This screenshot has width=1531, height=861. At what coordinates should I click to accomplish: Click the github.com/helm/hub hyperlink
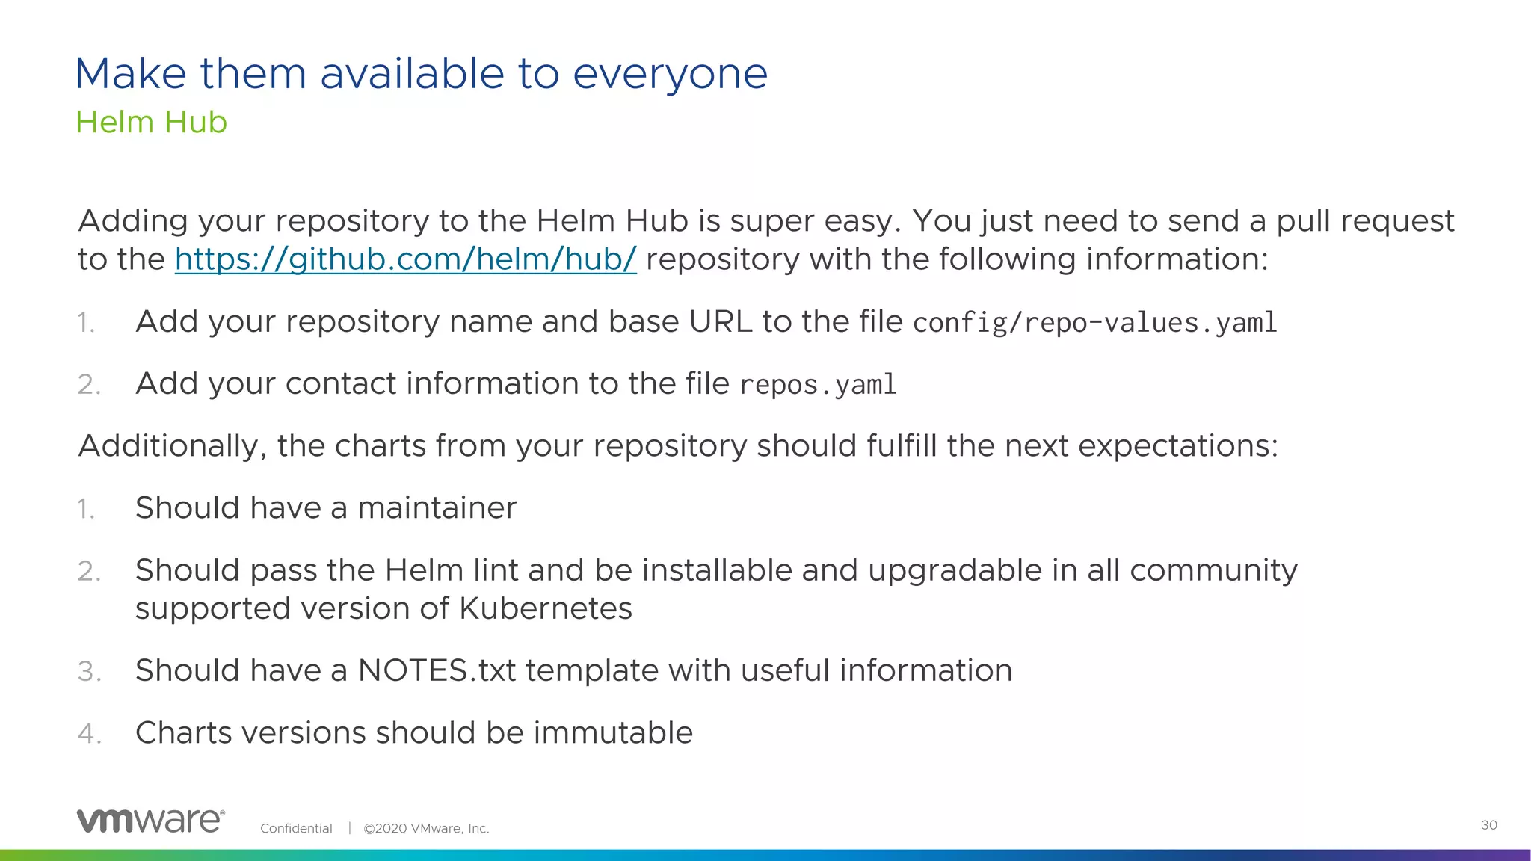[x=405, y=259]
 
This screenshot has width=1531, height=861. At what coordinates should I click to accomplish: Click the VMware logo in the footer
[x=150, y=821]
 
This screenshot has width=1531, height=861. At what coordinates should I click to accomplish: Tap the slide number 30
[x=1488, y=825]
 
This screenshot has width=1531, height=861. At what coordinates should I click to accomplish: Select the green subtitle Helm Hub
[x=151, y=123]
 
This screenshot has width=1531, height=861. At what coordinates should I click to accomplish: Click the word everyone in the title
[x=670, y=74]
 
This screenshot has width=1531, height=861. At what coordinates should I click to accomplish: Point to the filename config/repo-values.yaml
[x=1094, y=323]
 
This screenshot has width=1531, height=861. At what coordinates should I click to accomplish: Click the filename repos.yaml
[x=817, y=385]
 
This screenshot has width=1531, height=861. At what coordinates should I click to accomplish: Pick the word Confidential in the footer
[x=296, y=828]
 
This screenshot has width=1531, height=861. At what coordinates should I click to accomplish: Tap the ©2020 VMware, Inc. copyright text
[x=426, y=828]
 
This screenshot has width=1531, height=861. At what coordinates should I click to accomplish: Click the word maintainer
[x=437, y=508]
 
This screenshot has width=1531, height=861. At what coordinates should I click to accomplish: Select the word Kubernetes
[x=545, y=608]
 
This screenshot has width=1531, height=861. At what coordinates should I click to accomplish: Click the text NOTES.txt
[x=437, y=670]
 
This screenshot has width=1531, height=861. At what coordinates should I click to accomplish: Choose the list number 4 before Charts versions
[x=88, y=733]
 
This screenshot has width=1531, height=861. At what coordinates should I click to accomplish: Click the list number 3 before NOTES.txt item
[x=88, y=671]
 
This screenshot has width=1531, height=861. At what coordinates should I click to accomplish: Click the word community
[x=1213, y=571]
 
